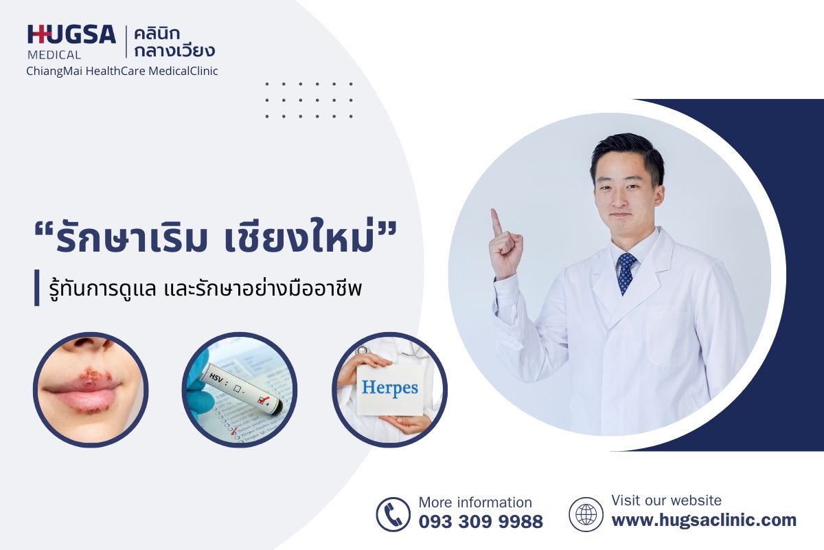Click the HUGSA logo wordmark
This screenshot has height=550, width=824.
point(71,34)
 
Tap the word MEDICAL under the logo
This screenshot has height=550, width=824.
point(54,55)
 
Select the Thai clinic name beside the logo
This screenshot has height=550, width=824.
point(174,43)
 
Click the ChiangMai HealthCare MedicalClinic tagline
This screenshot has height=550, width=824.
point(122,71)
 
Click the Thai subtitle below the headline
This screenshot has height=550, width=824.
point(205,289)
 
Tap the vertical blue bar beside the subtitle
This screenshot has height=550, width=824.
point(37,287)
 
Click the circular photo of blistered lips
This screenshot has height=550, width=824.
point(91,390)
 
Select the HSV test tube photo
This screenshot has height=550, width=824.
point(240,390)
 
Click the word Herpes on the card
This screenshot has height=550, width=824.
point(390,388)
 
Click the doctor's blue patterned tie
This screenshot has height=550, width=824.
point(626,273)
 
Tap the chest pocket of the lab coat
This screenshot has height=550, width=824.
point(667,338)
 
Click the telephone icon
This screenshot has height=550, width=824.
point(393,514)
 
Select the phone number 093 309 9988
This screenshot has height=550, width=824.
point(481,522)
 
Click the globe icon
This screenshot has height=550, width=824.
point(586,514)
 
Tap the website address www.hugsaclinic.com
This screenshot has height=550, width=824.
point(704,520)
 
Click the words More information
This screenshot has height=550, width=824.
point(475,503)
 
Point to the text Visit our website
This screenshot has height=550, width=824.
point(666,500)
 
